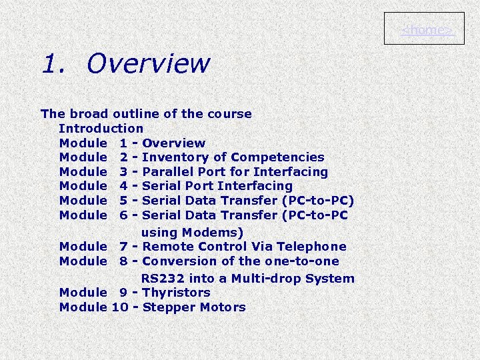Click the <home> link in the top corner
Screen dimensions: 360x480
424,30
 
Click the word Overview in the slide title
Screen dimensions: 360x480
148,64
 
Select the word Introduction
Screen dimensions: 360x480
101,128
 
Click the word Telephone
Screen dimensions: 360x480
311,247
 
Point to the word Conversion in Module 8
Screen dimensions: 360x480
175,261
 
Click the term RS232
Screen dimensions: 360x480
161,279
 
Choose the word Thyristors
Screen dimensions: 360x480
176,293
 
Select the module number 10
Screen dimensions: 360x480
121,307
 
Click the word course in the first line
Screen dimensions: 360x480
230,114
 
